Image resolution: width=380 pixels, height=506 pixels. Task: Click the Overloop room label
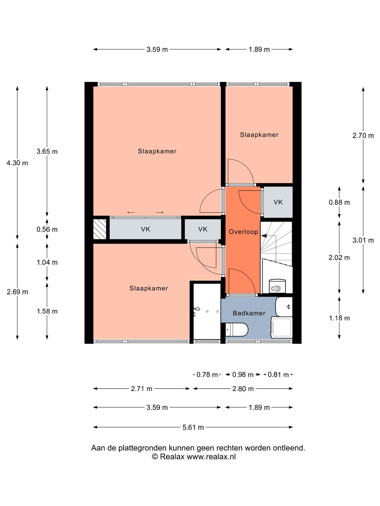(x=243, y=232)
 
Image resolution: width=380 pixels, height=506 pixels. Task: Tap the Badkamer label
(x=249, y=313)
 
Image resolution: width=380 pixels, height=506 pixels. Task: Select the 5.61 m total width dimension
(x=193, y=428)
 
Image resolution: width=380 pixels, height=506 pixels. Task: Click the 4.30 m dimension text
(x=17, y=163)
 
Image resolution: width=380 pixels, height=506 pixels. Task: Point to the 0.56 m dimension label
(x=47, y=229)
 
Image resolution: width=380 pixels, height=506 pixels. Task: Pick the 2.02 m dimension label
(x=339, y=258)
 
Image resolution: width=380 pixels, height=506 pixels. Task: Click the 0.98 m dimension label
(x=243, y=375)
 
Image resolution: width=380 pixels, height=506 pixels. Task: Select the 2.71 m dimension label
(x=141, y=389)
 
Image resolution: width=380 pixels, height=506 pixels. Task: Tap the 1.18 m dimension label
(x=339, y=318)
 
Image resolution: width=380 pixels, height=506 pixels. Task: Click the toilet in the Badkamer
(x=236, y=330)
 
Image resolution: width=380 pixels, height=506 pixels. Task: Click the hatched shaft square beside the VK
(x=100, y=229)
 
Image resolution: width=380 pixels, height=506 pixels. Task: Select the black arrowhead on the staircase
(x=264, y=236)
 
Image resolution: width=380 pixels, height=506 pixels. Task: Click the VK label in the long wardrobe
(x=146, y=229)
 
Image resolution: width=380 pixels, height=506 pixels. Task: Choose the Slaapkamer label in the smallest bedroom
(x=259, y=135)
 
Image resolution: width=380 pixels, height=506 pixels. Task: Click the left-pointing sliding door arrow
(x=131, y=213)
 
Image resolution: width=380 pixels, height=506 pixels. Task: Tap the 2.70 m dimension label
(x=363, y=136)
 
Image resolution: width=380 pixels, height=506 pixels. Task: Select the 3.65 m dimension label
(x=47, y=151)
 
